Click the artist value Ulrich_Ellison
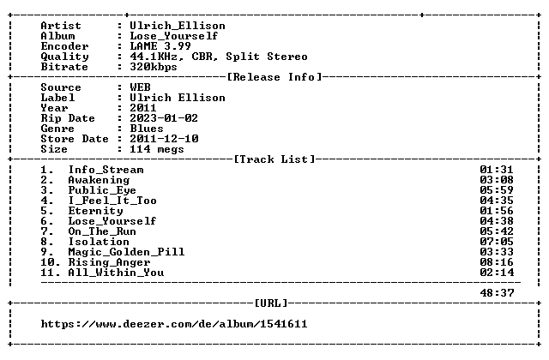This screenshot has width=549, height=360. coord(178,26)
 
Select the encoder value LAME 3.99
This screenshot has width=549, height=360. coord(160,46)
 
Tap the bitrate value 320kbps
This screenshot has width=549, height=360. coord(154,67)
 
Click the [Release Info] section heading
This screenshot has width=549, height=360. coord(274,77)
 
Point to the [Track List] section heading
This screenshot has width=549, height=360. coord(274,159)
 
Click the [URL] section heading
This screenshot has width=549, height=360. coord(271,303)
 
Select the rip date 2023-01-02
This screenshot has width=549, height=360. coord(164,118)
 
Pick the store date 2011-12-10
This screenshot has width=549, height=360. coord(164,139)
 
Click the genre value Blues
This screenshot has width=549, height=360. coord(147,129)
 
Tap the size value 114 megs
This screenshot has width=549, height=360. coord(157,149)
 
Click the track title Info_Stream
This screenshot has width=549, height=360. coord(106,170)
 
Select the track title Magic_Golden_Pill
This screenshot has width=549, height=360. coord(126,252)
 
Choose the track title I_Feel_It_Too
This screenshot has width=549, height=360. coord(112,201)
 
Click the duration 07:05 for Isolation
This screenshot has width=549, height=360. coord(497,242)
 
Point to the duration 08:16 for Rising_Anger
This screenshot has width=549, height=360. coord(497,262)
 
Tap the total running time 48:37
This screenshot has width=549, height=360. coord(497,293)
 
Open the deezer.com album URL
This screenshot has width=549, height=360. coord(174,324)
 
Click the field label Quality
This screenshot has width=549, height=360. coord(65,57)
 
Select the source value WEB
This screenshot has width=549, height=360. coord(140,87)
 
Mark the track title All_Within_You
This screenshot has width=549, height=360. coord(116,273)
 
